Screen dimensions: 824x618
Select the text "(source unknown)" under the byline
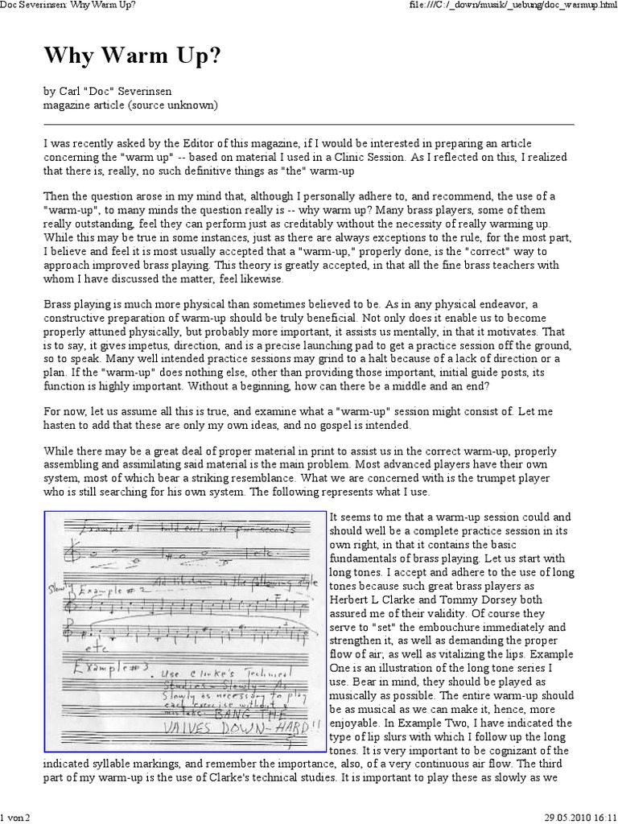pyautogui.click(x=175, y=105)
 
